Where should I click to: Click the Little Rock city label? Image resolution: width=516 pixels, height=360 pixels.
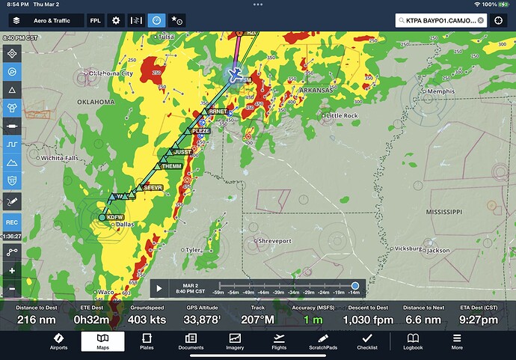[x=344, y=116]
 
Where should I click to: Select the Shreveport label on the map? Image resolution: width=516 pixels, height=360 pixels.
[x=274, y=241]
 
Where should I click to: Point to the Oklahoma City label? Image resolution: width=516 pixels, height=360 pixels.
[x=111, y=73]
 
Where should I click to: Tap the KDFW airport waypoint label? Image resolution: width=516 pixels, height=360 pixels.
[x=114, y=217]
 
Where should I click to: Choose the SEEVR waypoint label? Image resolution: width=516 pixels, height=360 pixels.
[x=153, y=187]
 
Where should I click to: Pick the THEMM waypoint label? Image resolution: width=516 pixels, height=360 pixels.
[x=172, y=166]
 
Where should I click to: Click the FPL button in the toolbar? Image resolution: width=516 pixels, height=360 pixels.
[x=96, y=20]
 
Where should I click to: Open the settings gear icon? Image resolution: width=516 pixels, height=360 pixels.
[x=116, y=20]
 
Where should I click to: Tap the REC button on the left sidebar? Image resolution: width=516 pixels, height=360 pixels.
[x=12, y=222]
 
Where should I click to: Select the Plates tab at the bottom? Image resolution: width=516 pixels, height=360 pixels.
[x=147, y=342]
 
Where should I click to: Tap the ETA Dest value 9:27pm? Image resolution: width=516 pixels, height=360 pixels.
[x=478, y=320]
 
